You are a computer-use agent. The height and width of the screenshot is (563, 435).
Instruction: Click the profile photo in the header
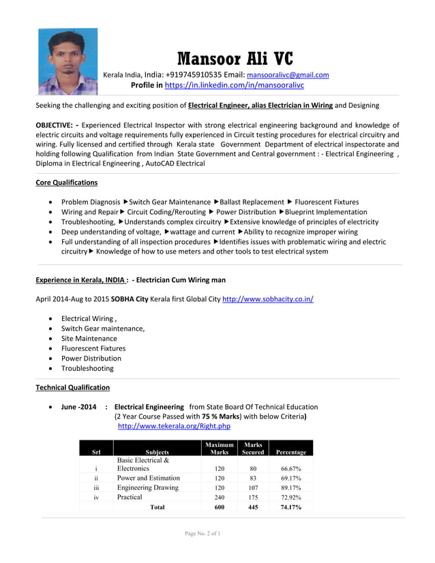click(67, 61)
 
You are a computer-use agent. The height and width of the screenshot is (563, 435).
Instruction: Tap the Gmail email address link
click(288, 75)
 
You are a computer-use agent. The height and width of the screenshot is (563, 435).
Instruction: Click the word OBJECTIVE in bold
click(55, 125)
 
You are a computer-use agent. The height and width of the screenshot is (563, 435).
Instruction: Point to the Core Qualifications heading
click(66, 183)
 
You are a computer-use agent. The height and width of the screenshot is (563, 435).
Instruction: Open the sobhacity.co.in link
click(268, 299)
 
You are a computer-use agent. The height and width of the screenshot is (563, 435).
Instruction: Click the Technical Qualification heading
click(72, 387)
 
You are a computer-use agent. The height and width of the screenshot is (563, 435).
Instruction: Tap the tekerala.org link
click(174, 426)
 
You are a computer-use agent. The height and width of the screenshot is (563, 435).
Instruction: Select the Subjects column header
click(157, 452)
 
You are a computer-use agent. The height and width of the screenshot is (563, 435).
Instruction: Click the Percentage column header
click(291, 452)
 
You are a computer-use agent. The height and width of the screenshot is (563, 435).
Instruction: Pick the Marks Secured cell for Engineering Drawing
click(253, 488)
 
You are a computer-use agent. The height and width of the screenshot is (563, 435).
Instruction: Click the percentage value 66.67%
click(291, 469)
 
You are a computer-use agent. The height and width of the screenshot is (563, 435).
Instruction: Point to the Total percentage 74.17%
click(291, 507)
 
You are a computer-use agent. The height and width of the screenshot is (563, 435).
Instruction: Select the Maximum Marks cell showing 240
click(220, 498)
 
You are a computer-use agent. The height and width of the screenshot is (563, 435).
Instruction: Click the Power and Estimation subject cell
click(148, 478)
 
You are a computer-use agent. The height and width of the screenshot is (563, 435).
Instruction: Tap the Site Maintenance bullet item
click(89, 339)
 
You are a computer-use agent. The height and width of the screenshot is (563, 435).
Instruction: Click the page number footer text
click(202, 533)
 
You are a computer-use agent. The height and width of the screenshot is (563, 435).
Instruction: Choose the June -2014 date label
click(78, 407)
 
